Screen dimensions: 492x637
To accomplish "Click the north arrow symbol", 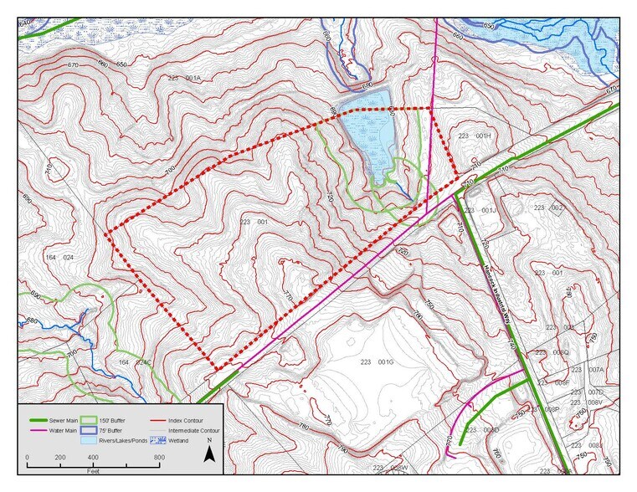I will (x=211, y=454).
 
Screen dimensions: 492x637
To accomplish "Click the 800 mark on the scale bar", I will (x=158, y=459).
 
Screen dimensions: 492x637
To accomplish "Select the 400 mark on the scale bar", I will (x=93, y=459).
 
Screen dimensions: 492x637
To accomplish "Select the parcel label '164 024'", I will (x=60, y=257).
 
